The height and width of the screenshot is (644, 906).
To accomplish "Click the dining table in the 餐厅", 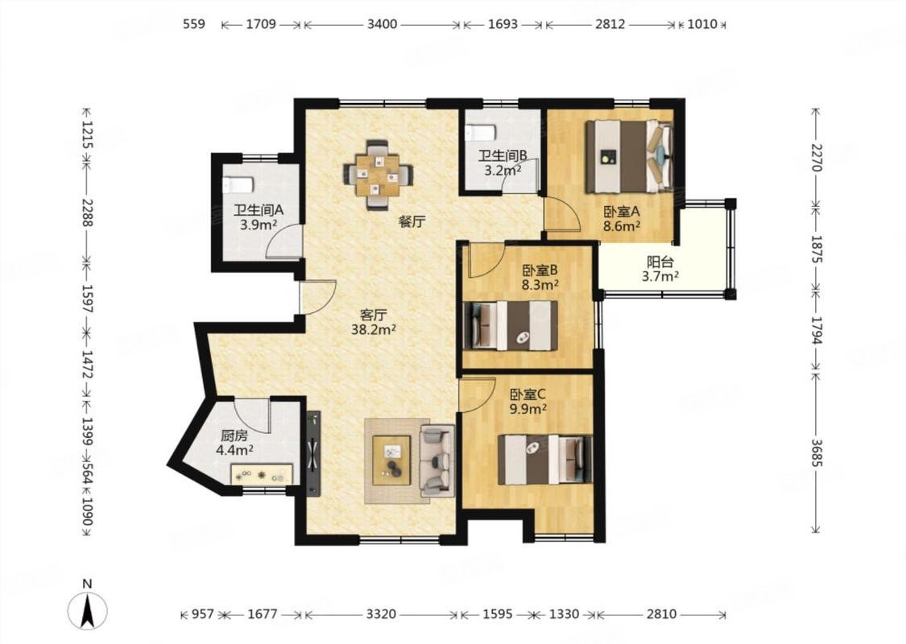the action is click(379, 174).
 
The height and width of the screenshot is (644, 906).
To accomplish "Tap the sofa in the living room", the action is click(436, 460).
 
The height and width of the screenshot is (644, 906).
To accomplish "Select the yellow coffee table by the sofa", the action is click(391, 460).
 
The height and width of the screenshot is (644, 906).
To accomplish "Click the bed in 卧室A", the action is click(629, 156).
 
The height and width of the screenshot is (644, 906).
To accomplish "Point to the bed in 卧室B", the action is click(511, 326).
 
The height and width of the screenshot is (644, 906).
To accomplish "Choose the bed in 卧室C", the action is click(545, 459).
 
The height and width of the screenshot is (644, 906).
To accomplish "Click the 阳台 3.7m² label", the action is click(660, 269).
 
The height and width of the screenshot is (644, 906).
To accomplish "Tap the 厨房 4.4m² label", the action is click(234, 443).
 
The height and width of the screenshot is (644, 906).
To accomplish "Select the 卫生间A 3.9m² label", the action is click(259, 217).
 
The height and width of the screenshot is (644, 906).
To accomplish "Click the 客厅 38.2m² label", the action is click(373, 322).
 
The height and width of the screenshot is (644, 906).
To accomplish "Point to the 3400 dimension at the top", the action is click(382, 24).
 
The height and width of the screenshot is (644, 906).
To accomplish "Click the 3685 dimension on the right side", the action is click(816, 452).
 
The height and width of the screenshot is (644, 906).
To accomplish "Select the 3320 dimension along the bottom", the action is click(382, 614).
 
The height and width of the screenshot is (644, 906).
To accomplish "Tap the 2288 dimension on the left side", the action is click(87, 212).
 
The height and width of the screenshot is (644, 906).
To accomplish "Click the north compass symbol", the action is click(87, 609).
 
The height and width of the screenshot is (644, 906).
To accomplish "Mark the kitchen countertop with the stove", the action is click(262, 473).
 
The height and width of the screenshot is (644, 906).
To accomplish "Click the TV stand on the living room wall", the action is click(313, 453).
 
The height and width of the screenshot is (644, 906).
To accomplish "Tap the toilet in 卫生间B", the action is click(480, 132).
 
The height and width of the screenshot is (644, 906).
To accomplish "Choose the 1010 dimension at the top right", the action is click(702, 24).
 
